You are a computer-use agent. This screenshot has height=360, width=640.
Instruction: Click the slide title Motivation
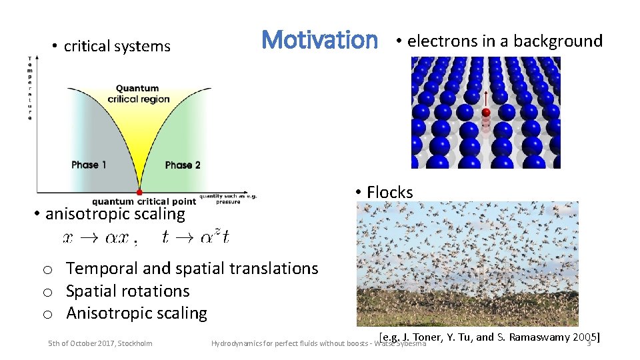pos(319,40)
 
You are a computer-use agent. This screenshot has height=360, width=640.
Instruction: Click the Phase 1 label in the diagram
pos(89,165)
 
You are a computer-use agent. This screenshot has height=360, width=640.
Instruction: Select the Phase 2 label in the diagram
pos(183,165)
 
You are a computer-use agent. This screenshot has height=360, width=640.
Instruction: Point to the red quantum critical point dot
pos(139,192)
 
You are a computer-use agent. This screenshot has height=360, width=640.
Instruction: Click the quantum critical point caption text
pos(143,201)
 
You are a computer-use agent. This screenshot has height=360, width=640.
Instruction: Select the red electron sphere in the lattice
pos(486,113)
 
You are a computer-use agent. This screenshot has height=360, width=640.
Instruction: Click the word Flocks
pos(389,192)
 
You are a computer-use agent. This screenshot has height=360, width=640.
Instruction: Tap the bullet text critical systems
pos(117,46)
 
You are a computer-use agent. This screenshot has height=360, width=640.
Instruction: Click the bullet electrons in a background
pos(504,41)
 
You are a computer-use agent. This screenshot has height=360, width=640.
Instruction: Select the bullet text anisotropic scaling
pos(115,214)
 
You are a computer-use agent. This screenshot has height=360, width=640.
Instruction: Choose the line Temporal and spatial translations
pos(192,269)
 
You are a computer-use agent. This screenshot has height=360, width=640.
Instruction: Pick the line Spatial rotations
pos(127,291)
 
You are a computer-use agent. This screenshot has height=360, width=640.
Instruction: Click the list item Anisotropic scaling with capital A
pos(136,313)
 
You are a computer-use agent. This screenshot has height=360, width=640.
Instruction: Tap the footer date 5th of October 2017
pos(100,343)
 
